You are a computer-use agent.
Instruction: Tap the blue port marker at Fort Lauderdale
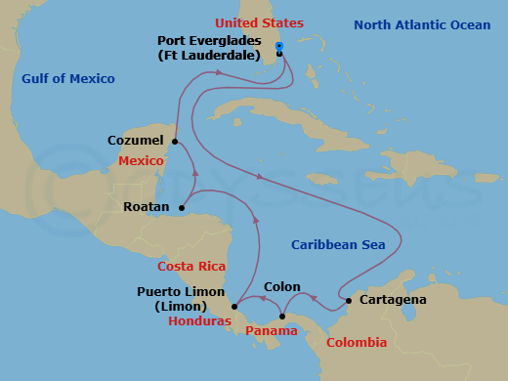(x=279, y=46)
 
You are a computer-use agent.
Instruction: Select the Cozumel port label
(x=136, y=142)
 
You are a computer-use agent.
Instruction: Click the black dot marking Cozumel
(x=175, y=142)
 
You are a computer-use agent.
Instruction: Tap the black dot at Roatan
(x=183, y=207)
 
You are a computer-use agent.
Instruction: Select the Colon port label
(x=281, y=288)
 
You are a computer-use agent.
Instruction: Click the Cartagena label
(x=393, y=300)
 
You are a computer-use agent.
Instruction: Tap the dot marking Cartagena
(x=349, y=300)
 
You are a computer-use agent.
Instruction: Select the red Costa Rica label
(x=192, y=267)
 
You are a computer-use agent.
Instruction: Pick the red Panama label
(x=272, y=331)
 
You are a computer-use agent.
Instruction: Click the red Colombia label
(x=357, y=343)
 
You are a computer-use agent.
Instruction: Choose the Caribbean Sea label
(x=338, y=244)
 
